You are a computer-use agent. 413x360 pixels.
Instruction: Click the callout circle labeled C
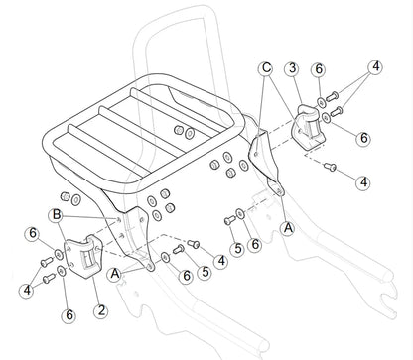266,68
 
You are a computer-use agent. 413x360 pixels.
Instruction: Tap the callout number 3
292,68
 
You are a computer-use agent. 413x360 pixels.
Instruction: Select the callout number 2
100,310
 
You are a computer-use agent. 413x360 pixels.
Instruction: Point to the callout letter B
57,215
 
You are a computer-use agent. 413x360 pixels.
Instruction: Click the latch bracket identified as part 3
309,128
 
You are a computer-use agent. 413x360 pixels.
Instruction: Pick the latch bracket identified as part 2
83,256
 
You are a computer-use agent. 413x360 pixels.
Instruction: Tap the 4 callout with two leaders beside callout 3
376,66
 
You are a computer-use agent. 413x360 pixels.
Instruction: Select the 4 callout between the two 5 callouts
221,261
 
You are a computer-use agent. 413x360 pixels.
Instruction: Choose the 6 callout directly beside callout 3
319,69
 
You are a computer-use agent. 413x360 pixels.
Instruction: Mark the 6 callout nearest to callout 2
69,314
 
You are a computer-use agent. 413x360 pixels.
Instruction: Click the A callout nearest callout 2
115,274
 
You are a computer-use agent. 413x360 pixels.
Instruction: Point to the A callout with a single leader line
289,228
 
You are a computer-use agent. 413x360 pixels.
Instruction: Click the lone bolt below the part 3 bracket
330,167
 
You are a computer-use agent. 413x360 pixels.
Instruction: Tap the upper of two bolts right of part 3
332,96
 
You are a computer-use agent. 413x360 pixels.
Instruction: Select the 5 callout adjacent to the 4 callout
206,272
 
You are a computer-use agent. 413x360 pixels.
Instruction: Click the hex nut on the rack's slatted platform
179,130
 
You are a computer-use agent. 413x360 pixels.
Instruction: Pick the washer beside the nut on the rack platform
190,133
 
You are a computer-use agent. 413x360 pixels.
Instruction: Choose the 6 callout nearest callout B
33,233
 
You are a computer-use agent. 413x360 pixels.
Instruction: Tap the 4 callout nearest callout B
27,290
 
